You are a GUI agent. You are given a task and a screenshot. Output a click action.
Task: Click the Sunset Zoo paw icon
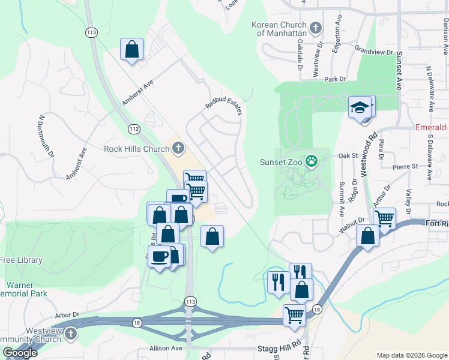(x=312, y=161)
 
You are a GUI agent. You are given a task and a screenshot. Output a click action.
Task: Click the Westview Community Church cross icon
(x=70, y=333)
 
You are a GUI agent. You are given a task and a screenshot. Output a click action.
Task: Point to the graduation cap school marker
(x=360, y=108)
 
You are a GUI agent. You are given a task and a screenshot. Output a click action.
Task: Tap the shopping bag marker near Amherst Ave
(x=132, y=50)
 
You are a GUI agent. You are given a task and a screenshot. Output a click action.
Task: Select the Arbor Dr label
(x=67, y=314)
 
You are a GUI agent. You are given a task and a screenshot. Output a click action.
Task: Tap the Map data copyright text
(x=411, y=355)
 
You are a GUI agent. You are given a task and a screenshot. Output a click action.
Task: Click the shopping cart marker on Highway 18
(x=294, y=314)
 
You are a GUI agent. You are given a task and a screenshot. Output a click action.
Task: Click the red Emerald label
(x=431, y=128)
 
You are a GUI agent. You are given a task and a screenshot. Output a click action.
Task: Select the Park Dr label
(x=335, y=79)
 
